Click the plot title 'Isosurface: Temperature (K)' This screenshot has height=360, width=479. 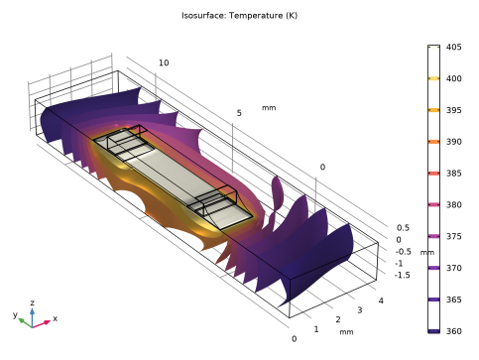click(239, 16)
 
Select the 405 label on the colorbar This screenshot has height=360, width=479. click(453, 47)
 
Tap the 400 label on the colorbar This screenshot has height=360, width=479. click(453, 78)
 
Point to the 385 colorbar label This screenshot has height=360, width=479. click(453, 174)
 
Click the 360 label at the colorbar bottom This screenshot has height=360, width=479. click(453, 331)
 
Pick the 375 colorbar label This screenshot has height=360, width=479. click(453, 236)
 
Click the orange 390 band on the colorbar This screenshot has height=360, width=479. click(433, 142)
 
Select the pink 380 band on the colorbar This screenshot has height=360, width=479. click(433, 205)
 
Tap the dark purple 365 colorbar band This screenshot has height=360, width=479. click(433, 300)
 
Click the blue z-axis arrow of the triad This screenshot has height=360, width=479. click(32, 317)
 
